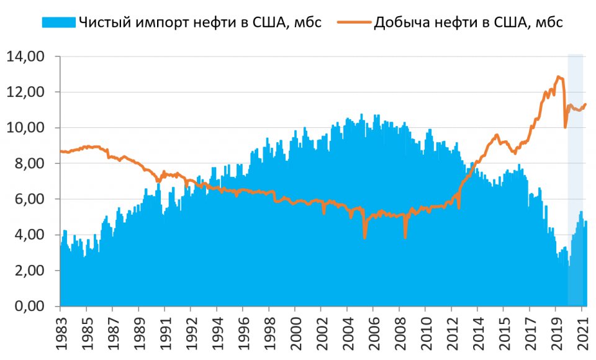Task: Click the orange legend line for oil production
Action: coord(354,23)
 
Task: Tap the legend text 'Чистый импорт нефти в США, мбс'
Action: coord(199,23)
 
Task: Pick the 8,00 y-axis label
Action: coord(27,164)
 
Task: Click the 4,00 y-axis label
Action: coord(27,235)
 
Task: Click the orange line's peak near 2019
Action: coord(559,76)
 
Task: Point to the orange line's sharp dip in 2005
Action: coord(364,238)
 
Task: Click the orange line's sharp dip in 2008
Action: coord(405,237)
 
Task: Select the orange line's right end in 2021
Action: coord(585,104)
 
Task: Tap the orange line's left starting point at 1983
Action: coord(60,151)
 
